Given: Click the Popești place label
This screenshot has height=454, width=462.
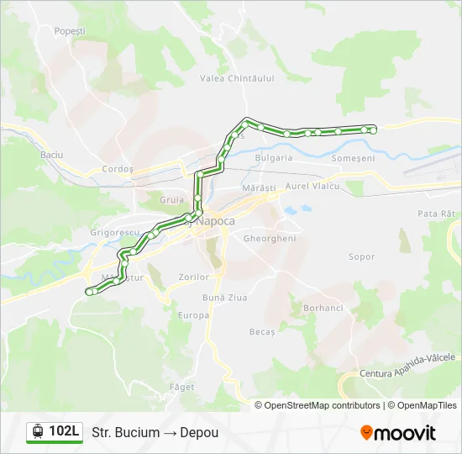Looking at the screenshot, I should (x=70, y=31).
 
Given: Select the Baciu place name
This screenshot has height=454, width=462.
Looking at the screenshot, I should (x=52, y=155).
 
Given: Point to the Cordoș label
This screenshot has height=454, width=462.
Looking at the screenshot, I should (x=118, y=169).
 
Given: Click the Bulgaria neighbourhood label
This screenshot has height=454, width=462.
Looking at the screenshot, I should (x=274, y=157).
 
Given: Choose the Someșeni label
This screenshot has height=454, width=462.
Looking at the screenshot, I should (x=353, y=158).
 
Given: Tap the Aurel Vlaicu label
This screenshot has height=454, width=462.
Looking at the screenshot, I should (x=312, y=186).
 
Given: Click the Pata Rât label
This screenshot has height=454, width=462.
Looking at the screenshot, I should (x=436, y=214).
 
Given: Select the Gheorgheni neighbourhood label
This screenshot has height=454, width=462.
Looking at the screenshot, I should (x=270, y=239).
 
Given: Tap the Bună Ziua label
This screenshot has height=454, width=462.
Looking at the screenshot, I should (x=223, y=298).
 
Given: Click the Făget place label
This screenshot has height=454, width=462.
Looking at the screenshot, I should (x=181, y=388).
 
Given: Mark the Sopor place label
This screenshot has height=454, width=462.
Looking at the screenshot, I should (x=361, y=256).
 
